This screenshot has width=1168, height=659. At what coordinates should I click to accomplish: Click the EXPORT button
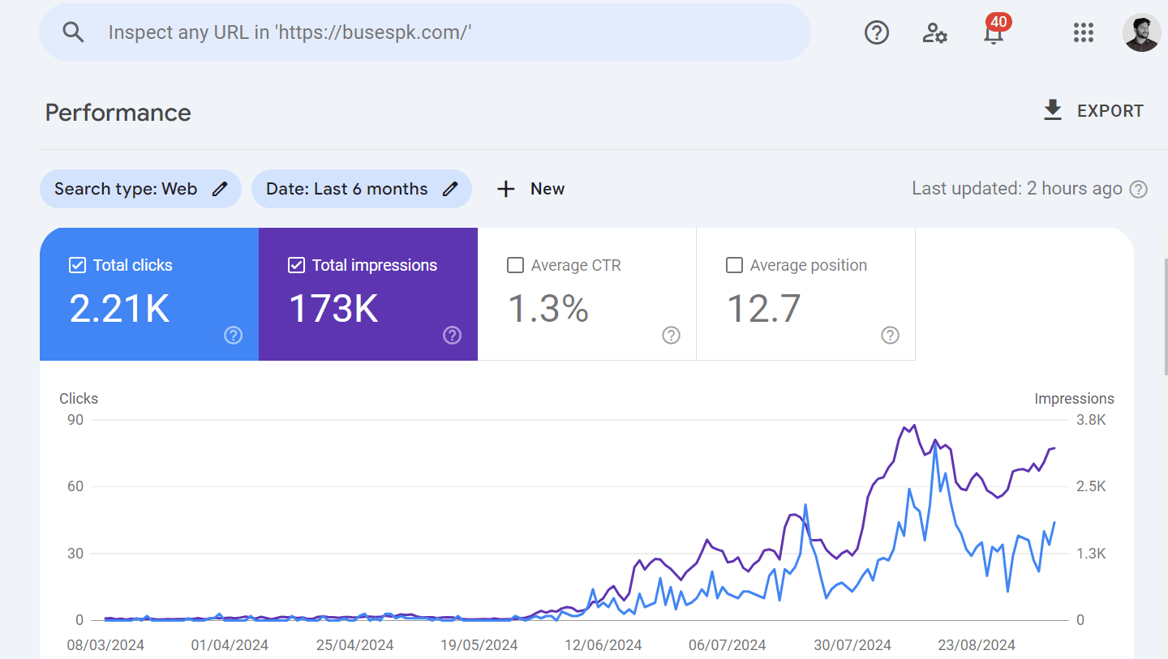[x=1093, y=111]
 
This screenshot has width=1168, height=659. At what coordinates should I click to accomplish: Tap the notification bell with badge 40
[x=993, y=33]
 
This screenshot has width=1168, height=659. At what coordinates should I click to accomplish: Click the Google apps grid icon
[x=1084, y=32]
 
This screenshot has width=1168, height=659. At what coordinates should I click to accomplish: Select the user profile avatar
[x=1141, y=32]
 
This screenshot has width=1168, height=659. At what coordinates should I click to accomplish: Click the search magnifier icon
[x=74, y=32]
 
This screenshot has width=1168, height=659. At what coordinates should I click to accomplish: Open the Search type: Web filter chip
[x=140, y=189]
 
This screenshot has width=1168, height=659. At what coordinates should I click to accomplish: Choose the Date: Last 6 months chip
[x=361, y=189]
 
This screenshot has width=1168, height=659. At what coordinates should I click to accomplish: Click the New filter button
[x=530, y=189]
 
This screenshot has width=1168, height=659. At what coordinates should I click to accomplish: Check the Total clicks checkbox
[x=78, y=265]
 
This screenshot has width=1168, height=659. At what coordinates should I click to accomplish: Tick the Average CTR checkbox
[x=515, y=265]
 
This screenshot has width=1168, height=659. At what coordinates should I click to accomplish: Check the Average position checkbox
[x=734, y=265]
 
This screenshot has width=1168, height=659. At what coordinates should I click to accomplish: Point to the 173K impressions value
[x=333, y=309]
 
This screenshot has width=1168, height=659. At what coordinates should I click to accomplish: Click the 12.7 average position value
[x=763, y=309]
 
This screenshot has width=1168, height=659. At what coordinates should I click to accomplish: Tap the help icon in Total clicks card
[x=234, y=335]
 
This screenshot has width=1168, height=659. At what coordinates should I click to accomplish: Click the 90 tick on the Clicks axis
[x=75, y=420]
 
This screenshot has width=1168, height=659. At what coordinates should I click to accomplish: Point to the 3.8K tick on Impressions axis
[x=1091, y=420]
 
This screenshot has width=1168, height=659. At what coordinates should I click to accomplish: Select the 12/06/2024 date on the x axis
[x=603, y=645]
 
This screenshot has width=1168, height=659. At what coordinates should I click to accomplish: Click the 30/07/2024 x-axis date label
[x=852, y=645]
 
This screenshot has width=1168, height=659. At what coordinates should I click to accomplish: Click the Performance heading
[x=118, y=113]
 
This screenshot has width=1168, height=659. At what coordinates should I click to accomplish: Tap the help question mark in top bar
[x=877, y=32]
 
